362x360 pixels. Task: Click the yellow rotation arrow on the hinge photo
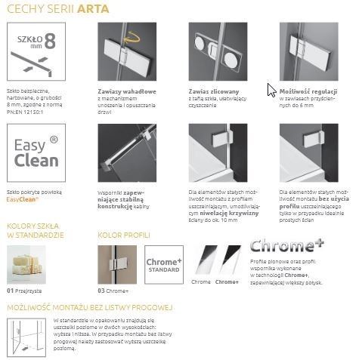click(x=134, y=35)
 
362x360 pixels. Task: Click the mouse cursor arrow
click(x=271, y=90)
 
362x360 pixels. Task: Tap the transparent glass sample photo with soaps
click(x=36, y=265)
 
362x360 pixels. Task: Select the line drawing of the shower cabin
click(x=27, y=336)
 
